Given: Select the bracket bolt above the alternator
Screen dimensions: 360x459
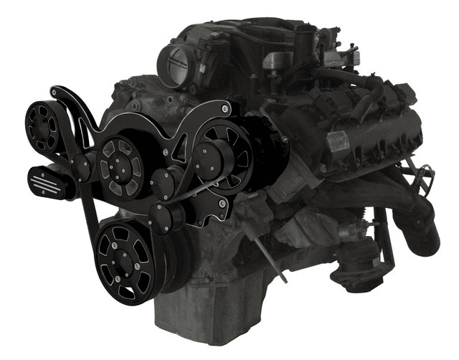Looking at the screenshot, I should coord(225,110).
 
